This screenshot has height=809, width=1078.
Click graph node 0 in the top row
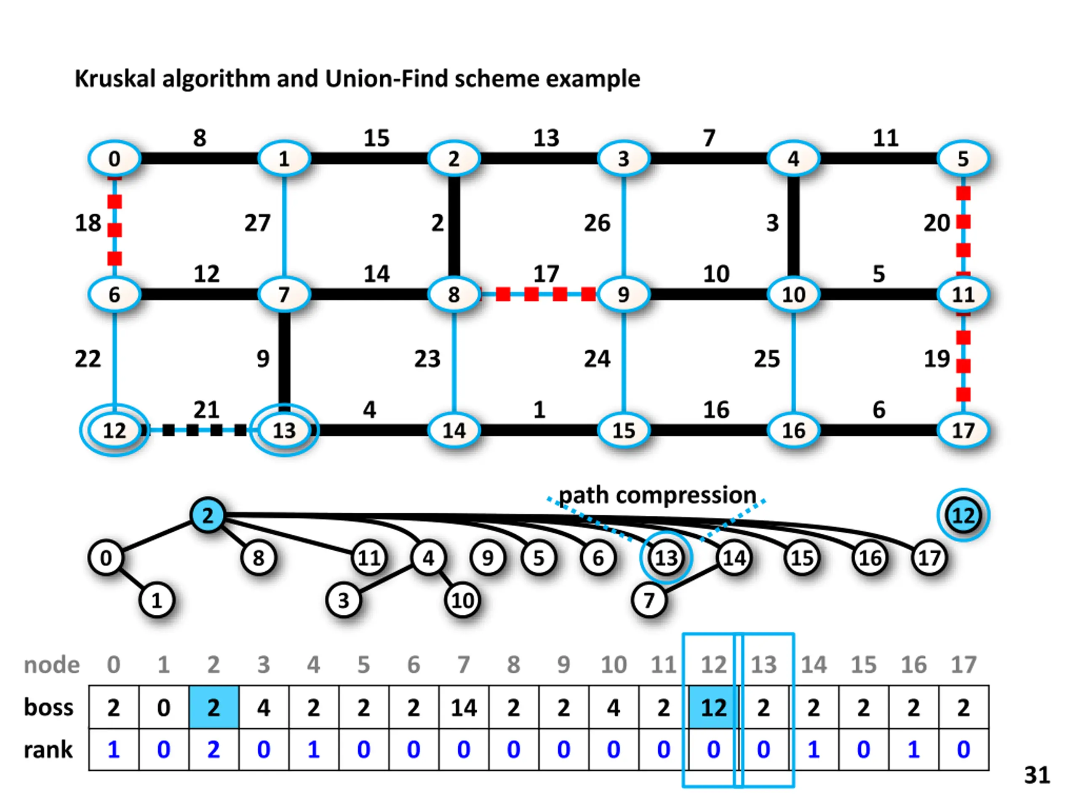coord(114,159)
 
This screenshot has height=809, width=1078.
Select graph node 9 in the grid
coord(623,295)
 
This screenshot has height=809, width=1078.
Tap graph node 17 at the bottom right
coord(963,430)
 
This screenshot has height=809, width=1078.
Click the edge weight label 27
coord(257,223)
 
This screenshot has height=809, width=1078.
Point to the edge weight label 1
coord(539,410)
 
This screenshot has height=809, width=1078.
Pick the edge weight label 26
coord(597,223)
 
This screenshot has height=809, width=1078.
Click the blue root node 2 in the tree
coord(208,515)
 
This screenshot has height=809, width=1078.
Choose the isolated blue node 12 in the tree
coord(963,515)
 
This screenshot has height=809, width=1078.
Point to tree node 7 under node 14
coord(648,600)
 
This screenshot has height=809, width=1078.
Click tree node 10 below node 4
coord(462,600)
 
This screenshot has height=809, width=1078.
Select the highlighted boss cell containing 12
coord(713,707)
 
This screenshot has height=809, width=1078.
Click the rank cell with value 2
coord(213,750)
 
